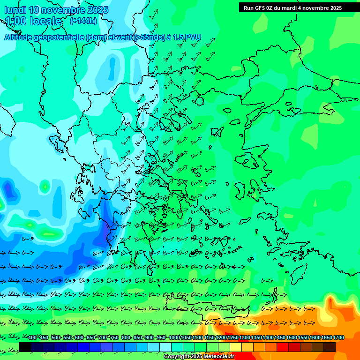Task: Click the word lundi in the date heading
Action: click(15, 10)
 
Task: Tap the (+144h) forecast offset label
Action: click(83, 21)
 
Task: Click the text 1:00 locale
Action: click(34, 21)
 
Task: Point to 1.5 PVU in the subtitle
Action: click(187, 37)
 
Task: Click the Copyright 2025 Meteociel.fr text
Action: click(198, 357)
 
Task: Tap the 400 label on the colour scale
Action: click(32, 337)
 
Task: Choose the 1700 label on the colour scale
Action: click(339, 337)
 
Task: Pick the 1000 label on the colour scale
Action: click(174, 337)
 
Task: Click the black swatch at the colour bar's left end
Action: click(25, 347)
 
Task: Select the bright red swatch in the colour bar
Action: click(283, 347)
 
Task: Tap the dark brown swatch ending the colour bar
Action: click(330, 347)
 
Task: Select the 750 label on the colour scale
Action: click(114, 337)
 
